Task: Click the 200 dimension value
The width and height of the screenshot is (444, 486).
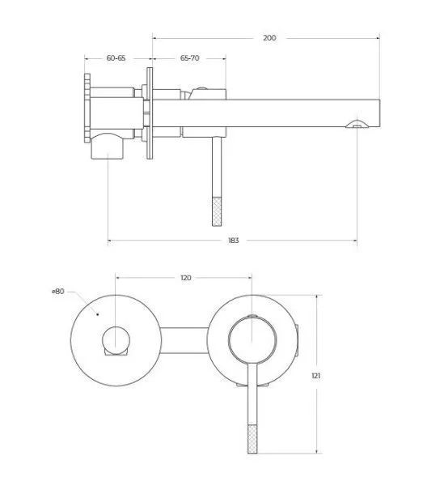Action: pyautogui.click(x=269, y=38)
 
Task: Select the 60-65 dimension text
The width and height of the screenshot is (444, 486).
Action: pyautogui.click(x=116, y=58)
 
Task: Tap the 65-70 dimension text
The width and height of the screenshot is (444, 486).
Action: pyautogui.click(x=190, y=58)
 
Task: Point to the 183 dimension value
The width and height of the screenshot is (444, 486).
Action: pyautogui.click(x=233, y=241)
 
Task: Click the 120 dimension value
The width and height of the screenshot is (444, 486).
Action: pyautogui.click(x=186, y=278)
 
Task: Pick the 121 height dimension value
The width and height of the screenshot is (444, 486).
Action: pyautogui.click(x=316, y=376)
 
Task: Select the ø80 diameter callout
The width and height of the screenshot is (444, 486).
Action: pyautogui.click(x=58, y=292)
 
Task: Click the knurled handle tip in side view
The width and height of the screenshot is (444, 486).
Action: pyautogui.click(x=218, y=211)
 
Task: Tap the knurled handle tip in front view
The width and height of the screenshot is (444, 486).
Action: pyautogui.click(x=252, y=439)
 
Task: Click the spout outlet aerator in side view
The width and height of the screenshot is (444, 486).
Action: pyautogui.click(x=357, y=124)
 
